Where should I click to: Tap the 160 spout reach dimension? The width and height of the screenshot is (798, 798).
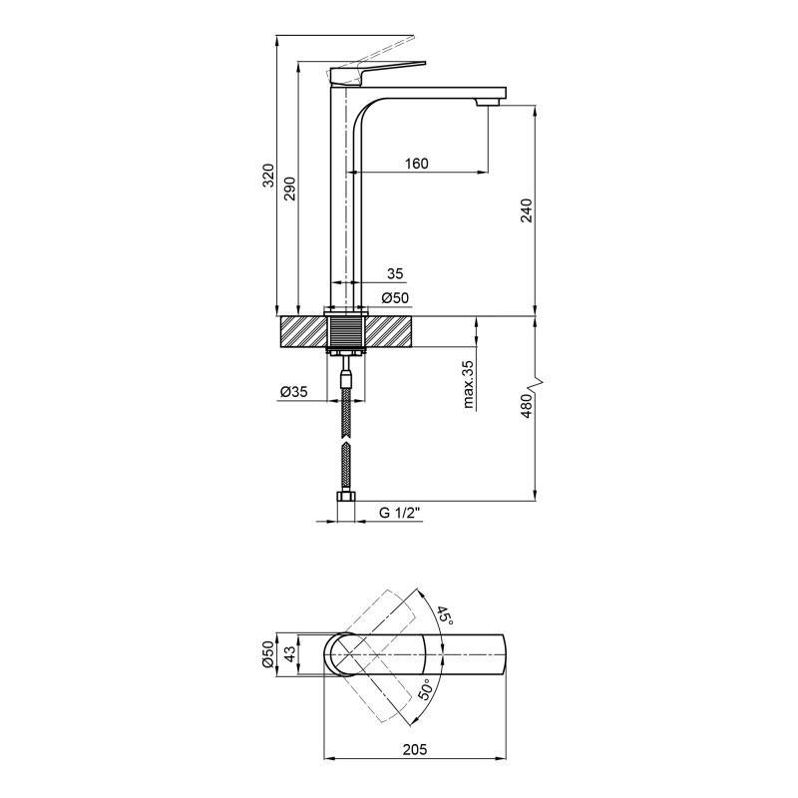click(x=416, y=164)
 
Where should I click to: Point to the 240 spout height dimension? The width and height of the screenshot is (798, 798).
click(x=528, y=209)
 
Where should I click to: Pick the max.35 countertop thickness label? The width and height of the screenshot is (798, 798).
click(x=468, y=384)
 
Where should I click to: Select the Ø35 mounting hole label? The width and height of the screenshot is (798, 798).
click(x=292, y=392)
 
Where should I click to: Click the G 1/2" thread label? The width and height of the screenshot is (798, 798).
click(x=399, y=513)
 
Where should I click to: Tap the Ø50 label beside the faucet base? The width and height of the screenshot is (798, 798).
click(x=396, y=298)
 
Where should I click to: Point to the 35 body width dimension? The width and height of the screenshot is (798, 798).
click(x=394, y=273)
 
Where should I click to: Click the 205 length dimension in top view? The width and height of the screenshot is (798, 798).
click(x=417, y=748)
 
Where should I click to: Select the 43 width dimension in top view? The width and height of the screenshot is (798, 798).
click(x=289, y=654)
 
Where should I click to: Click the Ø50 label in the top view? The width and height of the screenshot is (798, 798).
click(x=267, y=654)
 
